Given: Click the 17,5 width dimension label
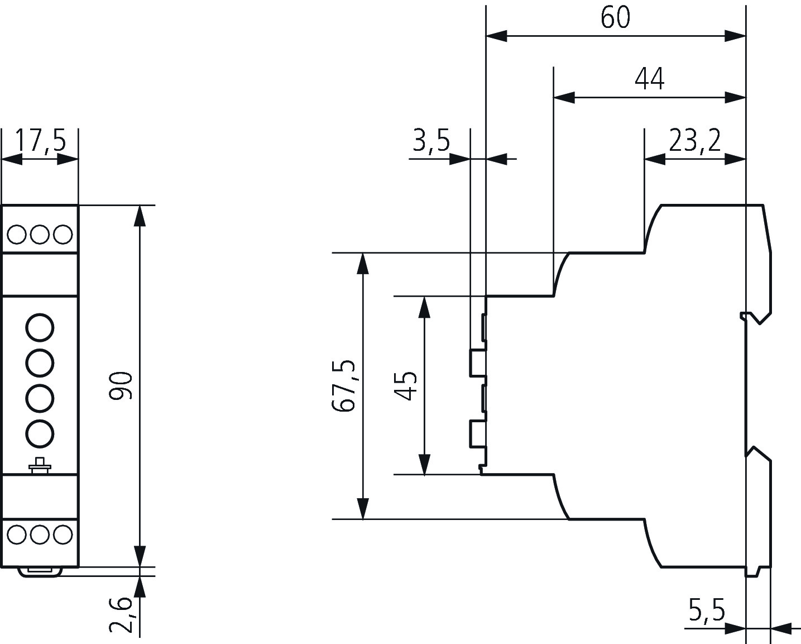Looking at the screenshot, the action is pyautogui.click(x=40, y=141).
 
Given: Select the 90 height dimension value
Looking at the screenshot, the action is pyautogui.click(x=121, y=385).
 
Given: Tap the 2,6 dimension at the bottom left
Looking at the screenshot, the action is pyautogui.click(x=121, y=614).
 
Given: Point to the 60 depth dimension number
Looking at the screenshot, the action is pyautogui.click(x=616, y=17).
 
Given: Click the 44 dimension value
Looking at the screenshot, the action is pyautogui.click(x=650, y=79).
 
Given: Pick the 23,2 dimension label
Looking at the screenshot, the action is pyautogui.click(x=695, y=141).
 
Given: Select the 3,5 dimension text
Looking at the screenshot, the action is pyautogui.click(x=431, y=141).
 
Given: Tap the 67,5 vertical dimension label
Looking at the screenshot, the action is pyautogui.click(x=343, y=385).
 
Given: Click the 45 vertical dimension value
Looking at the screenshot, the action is pyautogui.click(x=405, y=385).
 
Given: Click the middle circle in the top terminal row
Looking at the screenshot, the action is pyautogui.click(x=40, y=234).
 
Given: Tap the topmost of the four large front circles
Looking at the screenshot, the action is pyautogui.click(x=40, y=328).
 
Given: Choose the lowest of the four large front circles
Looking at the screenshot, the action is pyautogui.click(x=40, y=433).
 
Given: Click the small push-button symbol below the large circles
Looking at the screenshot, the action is pyautogui.click(x=40, y=466).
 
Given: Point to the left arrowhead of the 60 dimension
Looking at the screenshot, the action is pyautogui.click(x=497, y=36).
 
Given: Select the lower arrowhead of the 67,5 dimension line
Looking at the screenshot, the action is pyautogui.click(x=363, y=509).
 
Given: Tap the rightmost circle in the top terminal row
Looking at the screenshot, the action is pyautogui.click(x=63, y=234).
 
